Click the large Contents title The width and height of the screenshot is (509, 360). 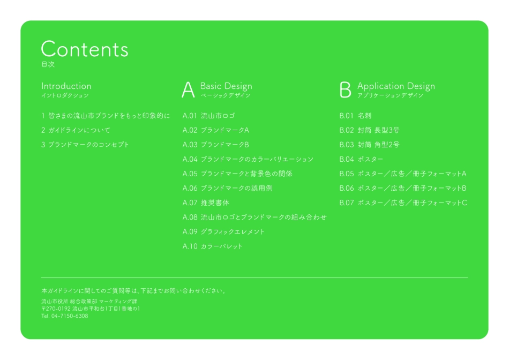pyautogui.click(x=85, y=49)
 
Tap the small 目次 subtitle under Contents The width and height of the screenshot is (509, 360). pyautogui.click(x=48, y=65)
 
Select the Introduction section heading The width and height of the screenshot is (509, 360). pyautogui.click(x=66, y=86)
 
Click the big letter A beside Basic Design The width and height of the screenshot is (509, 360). pyautogui.click(x=188, y=90)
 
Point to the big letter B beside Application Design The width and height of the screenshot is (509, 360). pyautogui.click(x=346, y=90)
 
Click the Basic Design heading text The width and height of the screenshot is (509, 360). pyautogui.click(x=226, y=86)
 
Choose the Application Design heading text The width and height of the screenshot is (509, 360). pyautogui.click(x=396, y=86)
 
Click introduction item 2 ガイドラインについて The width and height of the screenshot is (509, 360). pyautogui.click(x=76, y=130)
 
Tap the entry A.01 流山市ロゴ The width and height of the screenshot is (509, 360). pyautogui.click(x=208, y=116)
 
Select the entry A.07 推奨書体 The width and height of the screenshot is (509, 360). pyautogui.click(x=206, y=203)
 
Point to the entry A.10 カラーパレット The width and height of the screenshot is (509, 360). pyautogui.click(x=212, y=246)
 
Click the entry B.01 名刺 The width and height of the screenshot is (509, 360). pyautogui.click(x=355, y=116)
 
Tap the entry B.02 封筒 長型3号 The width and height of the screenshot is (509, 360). pyautogui.click(x=369, y=130)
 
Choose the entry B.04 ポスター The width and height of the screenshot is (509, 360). pyautogui.click(x=361, y=159)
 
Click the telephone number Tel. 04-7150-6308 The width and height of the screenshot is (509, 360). pyautogui.click(x=64, y=316)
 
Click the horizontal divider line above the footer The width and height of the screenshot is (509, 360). pyautogui.click(x=254, y=277)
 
